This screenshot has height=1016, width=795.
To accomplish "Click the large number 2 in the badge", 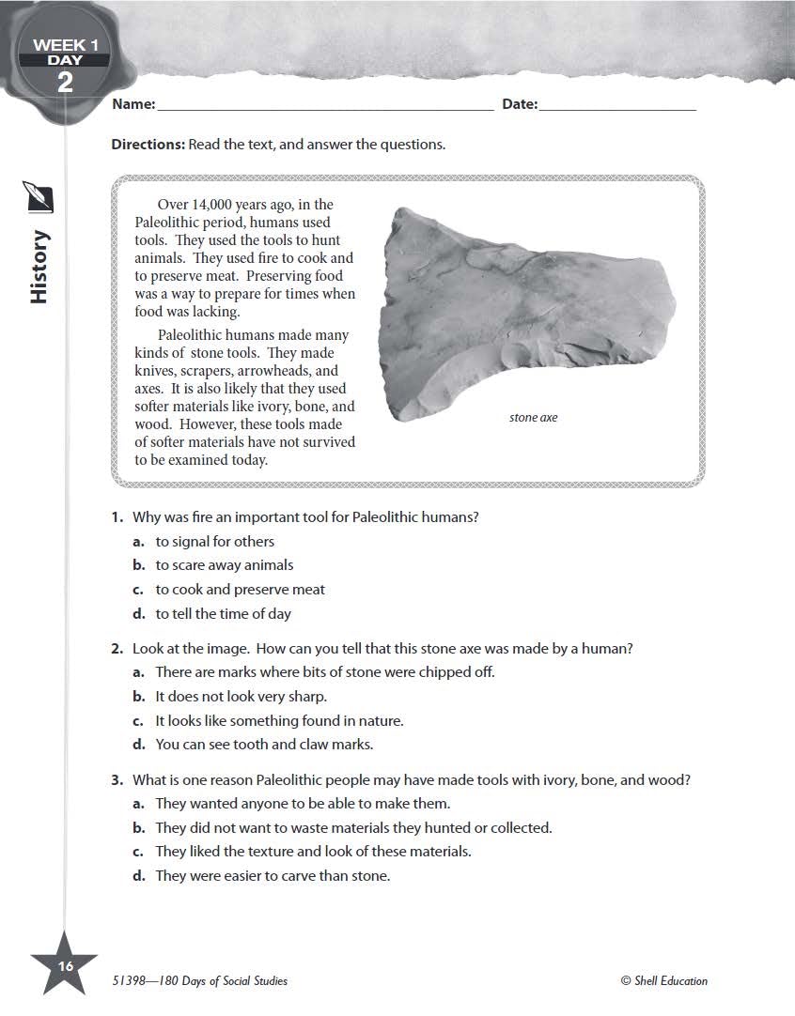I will click(64, 82).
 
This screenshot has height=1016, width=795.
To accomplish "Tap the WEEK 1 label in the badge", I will click(65, 44).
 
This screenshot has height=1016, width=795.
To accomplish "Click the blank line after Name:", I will click(325, 105).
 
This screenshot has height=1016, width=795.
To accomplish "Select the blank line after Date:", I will click(617, 105).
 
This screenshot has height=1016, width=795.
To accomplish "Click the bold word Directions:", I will click(148, 145).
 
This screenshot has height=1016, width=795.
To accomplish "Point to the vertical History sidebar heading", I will click(39, 267).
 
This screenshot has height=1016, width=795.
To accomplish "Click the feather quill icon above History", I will click(39, 198).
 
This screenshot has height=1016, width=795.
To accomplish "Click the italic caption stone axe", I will click(533, 417).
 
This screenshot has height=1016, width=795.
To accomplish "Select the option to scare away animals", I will click(224, 565).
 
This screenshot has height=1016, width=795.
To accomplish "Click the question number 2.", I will click(117, 649).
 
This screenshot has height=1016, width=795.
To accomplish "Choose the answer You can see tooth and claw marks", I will click(264, 745).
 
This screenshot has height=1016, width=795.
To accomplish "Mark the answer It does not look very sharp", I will click(241, 697).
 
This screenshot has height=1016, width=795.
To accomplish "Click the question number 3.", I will click(117, 780).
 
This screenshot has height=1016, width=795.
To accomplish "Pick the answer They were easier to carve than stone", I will click(272, 876).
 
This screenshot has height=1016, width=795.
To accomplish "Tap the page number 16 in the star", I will click(64, 966).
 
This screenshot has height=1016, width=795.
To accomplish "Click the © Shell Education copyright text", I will click(663, 981).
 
